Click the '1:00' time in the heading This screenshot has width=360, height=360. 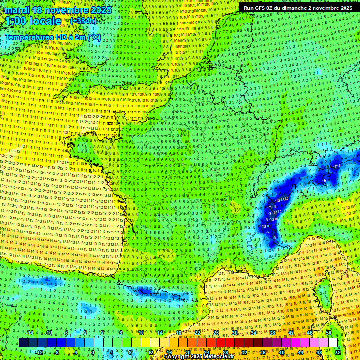[15, 21]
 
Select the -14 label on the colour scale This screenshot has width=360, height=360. [29, 333]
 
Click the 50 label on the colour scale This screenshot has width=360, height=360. [329, 333]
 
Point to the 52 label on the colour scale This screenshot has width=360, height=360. [338, 352]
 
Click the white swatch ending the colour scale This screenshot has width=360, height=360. [333, 343]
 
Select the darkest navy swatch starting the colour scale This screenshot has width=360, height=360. [23, 343]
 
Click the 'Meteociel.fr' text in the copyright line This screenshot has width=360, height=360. [223, 357]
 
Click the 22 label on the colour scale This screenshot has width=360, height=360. [197, 333]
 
